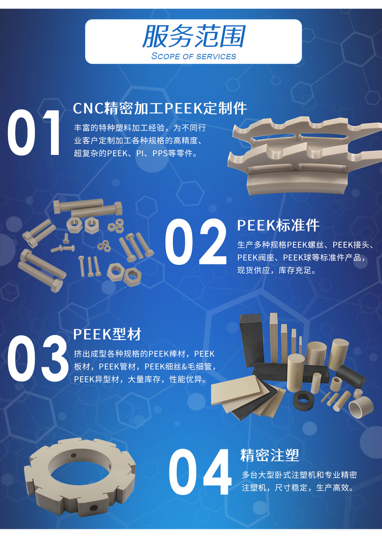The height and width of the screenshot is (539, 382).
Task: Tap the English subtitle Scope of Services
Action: click(x=194, y=56)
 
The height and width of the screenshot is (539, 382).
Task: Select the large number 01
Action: click(x=34, y=133)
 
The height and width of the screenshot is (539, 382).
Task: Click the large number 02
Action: click(x=195, y=242)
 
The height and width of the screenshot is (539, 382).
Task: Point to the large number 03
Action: click(x=38, y=358)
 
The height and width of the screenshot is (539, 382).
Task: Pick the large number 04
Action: click(x=200, y=472)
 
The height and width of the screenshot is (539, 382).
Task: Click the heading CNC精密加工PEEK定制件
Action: click(x=160, y=108)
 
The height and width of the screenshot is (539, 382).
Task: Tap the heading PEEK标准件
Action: click(x=278, y=225)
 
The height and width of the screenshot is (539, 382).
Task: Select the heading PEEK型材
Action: click(x=107, y=334)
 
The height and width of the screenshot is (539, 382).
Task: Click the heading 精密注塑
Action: click(x=269, y=455)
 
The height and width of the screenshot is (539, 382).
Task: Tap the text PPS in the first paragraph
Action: click(x=160, y=153)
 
